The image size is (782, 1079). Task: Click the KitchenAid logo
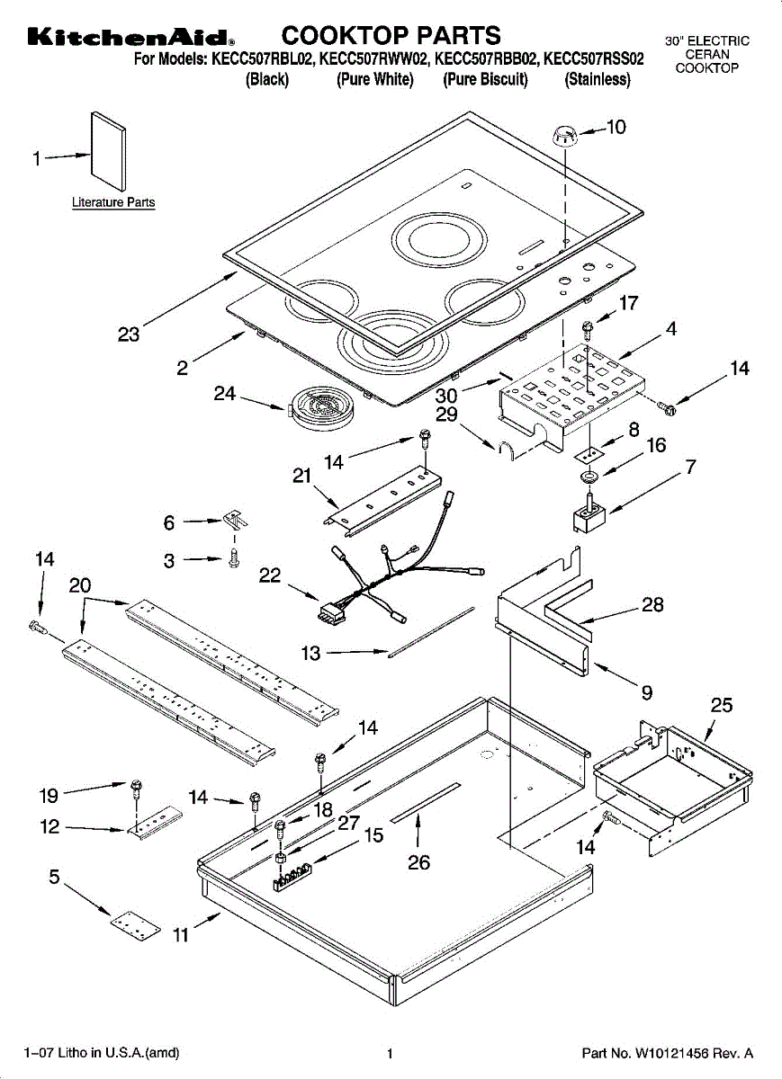[x=131, y=37]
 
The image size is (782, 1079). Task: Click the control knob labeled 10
[x=563, y=136]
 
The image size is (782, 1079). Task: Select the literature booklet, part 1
[x=109, y=151]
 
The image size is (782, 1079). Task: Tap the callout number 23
[x=129, y=334]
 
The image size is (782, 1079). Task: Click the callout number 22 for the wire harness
[x=270, y=575]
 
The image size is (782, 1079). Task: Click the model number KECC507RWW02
[x=373, y=58]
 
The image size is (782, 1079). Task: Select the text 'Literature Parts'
[x=113, y=202]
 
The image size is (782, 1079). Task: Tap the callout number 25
[x=721, y=705]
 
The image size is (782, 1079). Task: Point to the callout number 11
[x=180, y=935]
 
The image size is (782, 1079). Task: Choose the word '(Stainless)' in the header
[x=598, y=79]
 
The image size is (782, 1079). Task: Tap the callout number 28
[x=652, y=604]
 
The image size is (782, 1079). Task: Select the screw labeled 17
[x=588, y=330]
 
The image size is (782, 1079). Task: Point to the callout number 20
[x=80, y=584]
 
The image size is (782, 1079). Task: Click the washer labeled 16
[x=589, y=477]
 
